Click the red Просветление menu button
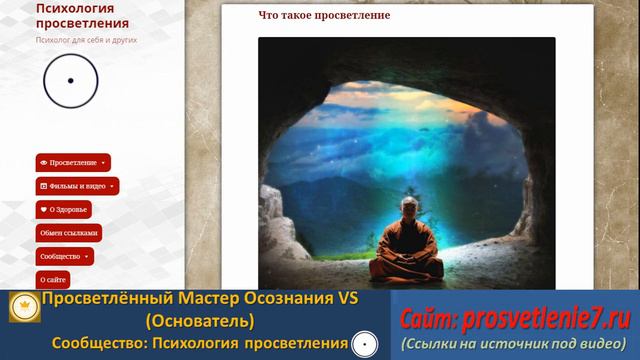(73, 162)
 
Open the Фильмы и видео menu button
(77, 186)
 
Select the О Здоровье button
(64, 210)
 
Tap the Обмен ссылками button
(69, 233)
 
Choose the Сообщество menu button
(65, 256)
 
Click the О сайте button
(53, 279)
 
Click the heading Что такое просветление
(323, 16)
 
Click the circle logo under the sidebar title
(70, 81)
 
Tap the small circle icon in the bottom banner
(365, 344)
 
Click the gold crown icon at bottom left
(24, 310)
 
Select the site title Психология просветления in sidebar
(75, 16)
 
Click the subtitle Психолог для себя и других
(86, 41)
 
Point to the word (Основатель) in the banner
(199, 321)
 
